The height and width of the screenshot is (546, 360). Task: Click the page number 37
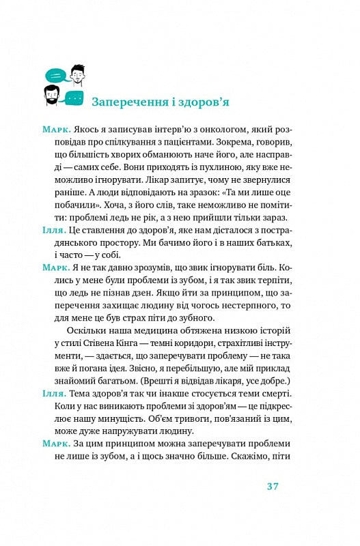[273, 486]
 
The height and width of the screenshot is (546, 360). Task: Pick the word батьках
[263, 242]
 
